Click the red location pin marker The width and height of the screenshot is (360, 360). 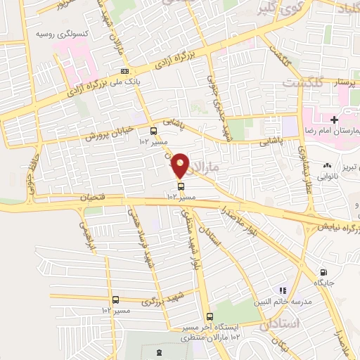(x=181, y=165)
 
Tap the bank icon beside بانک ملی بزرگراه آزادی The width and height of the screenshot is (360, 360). (x=124, y=71)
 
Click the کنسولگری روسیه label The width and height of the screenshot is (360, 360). (x=65, y=32)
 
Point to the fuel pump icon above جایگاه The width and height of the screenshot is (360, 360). (x=323, y=273)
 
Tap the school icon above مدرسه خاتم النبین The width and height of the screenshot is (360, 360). (x=283, y=290)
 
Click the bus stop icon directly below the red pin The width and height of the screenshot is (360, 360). (x=181, y=186)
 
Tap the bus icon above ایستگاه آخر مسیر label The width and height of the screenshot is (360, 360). (x=210, y=316)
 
